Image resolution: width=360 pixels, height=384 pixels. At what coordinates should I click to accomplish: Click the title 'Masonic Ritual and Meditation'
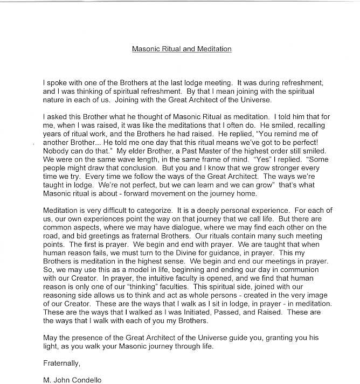point(182,49)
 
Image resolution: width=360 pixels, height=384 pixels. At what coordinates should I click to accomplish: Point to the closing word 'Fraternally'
point(61,362)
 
